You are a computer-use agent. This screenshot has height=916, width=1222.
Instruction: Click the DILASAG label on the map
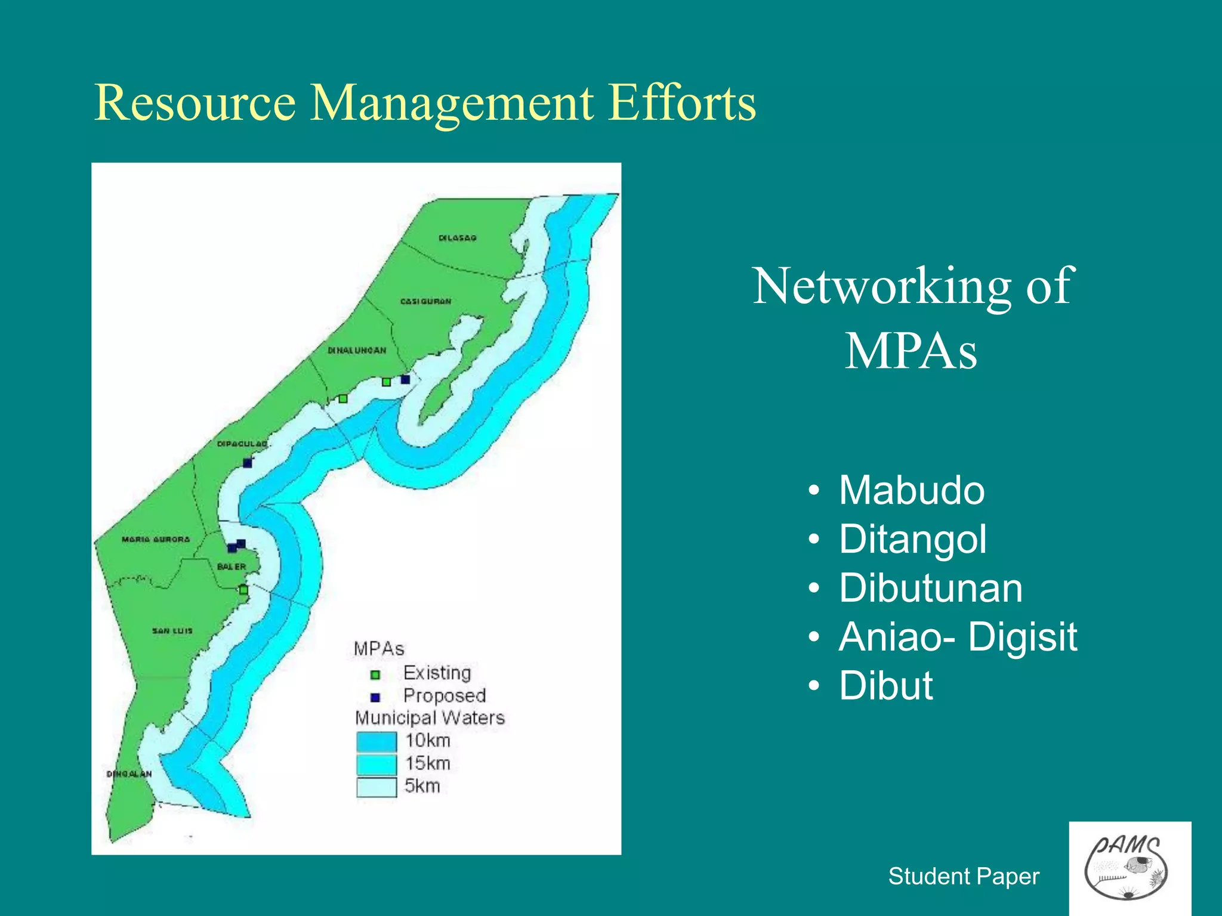click(458, 238)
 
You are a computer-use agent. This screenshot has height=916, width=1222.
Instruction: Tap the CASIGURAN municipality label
click(425, 302)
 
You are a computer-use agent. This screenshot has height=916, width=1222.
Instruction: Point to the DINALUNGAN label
click(357, 351)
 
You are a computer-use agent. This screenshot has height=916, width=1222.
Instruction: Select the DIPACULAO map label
click(242, 444)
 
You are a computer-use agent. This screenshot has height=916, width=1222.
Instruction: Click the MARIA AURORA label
click(156, 540)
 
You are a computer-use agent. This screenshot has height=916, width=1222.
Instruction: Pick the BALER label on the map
click(232, 567)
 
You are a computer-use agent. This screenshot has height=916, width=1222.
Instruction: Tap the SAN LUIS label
click(172, 631)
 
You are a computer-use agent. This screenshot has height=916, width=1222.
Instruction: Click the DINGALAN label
click(129, 774)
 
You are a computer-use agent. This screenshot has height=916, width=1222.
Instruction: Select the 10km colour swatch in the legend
click(377, 741)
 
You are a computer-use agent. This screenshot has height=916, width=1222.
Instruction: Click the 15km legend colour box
click(377, 764)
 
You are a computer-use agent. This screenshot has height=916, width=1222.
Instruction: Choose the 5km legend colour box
click(377, 787)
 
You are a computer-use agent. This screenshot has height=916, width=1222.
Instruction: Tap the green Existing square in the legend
click(375, 675)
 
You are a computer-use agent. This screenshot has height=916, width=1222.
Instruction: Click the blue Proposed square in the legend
click(375, 697)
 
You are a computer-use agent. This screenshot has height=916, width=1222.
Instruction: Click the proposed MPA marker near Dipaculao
click(248, 463)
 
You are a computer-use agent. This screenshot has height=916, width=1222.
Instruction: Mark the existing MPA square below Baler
click(243, 590)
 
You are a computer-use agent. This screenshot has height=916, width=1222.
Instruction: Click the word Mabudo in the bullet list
click(912, 490)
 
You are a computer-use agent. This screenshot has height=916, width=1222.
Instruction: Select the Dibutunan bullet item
click(931, 588)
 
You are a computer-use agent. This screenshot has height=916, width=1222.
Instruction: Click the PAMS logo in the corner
click(1130, 868)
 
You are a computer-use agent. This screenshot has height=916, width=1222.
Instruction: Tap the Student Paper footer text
click(964, 877)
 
